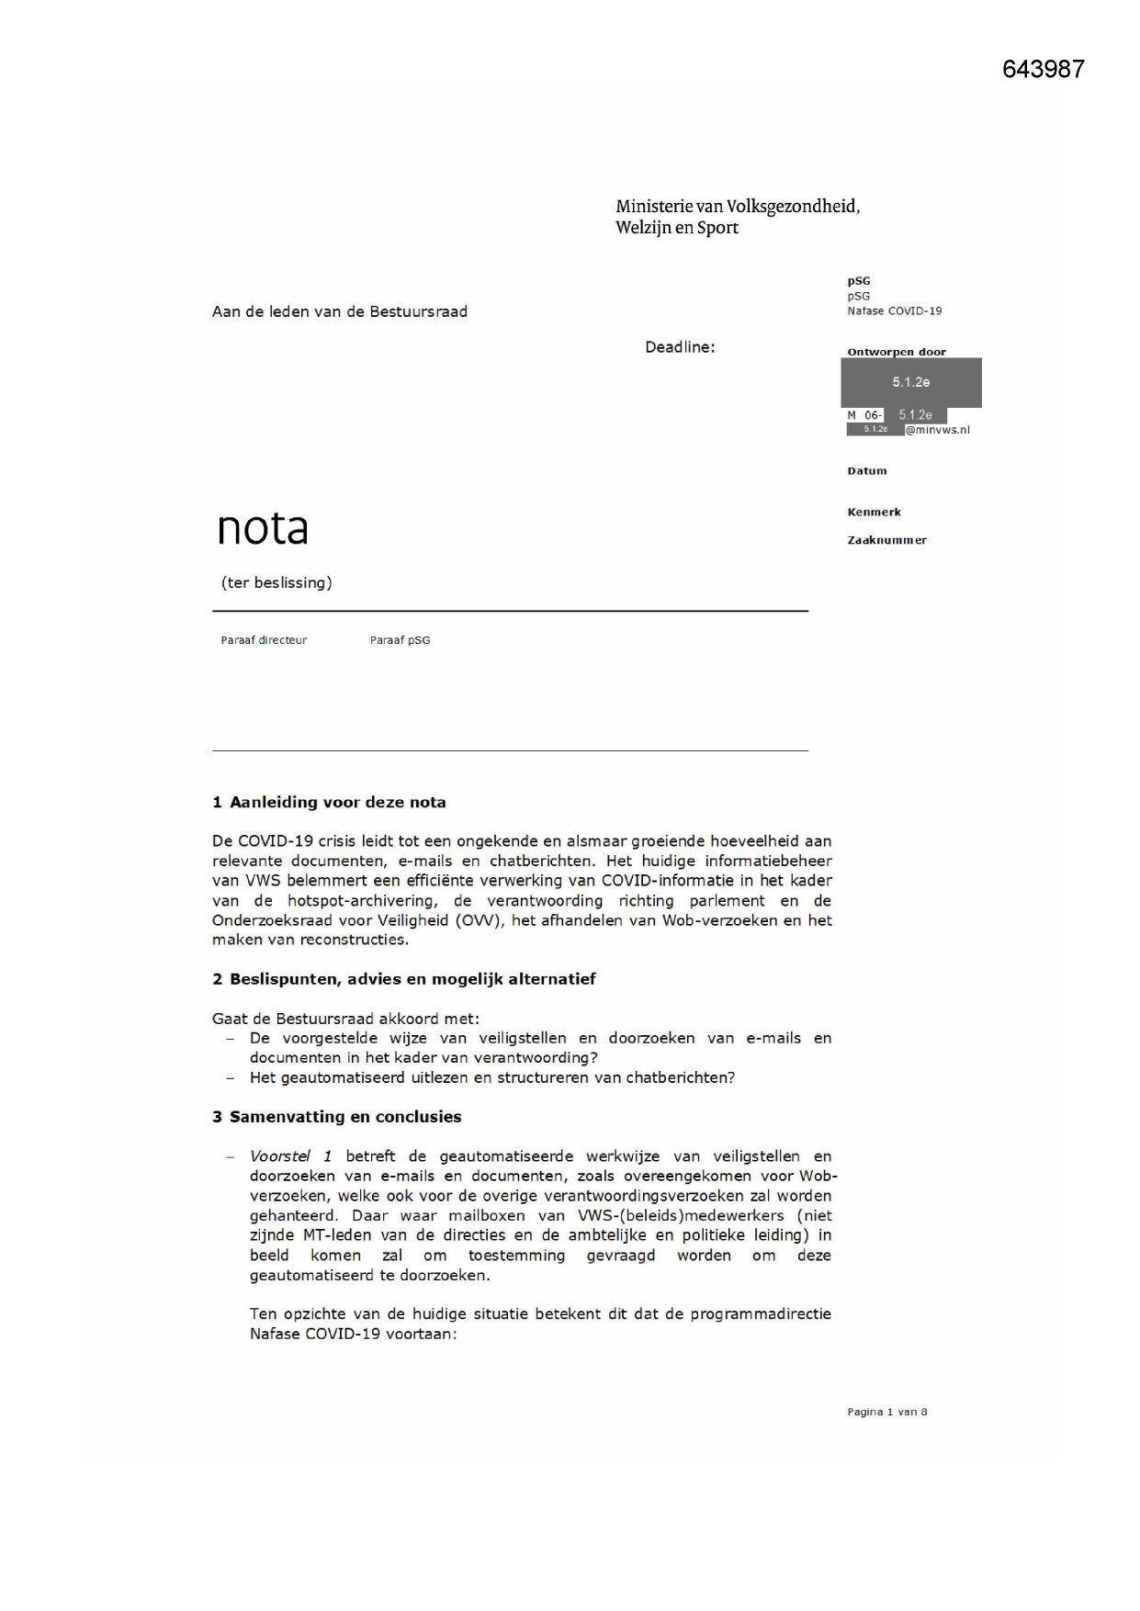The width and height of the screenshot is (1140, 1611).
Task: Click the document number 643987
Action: (x=1043, y=69)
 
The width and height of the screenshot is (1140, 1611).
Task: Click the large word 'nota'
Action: (x=263, y=528)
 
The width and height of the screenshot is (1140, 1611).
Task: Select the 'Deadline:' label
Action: (x=680, y=347)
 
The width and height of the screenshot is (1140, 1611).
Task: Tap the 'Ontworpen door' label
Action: (x=896, y=352)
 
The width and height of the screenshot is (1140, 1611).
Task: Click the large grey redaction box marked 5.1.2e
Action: (x=910, y=382)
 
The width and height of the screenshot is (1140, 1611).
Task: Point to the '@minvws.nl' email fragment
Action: (x=937, y=430)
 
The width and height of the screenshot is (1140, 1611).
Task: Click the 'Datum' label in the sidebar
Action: (x=866, y=471)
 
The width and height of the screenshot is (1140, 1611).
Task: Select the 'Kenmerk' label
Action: (x=874, y=513)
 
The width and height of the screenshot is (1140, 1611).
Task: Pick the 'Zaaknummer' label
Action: (x=886, y=540)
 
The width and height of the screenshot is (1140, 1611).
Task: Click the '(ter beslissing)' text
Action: (x=277, y=582)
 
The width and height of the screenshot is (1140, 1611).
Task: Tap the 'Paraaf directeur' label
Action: (x=264, y=640)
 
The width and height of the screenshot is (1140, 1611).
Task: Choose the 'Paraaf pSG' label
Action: (x=400, y=640)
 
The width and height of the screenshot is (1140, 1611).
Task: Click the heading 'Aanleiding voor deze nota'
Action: (x=337, y=802)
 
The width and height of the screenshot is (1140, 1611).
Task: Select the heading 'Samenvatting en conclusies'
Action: (x=345, y=1117)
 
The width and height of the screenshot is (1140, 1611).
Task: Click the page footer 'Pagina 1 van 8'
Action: (x=886, y=1412)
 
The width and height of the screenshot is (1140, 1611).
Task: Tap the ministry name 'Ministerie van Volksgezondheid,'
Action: (x=738, y=207)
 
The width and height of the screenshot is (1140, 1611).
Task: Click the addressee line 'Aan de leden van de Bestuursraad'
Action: (x=340, y=311)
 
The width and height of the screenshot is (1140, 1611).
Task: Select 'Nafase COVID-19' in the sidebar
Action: (x=894, y=310)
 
